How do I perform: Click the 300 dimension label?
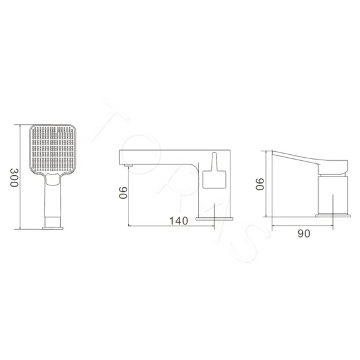(14, 178)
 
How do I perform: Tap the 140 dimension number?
(179, 221)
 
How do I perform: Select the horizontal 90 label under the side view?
(304, 233)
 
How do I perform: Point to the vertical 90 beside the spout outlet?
(123, 193)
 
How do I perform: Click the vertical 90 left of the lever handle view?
(260, 184)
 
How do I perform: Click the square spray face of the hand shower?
(53, 148)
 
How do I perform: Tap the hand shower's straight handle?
(53, 200)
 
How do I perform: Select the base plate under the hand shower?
(53, 228)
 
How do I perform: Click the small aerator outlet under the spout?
(128, 166)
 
